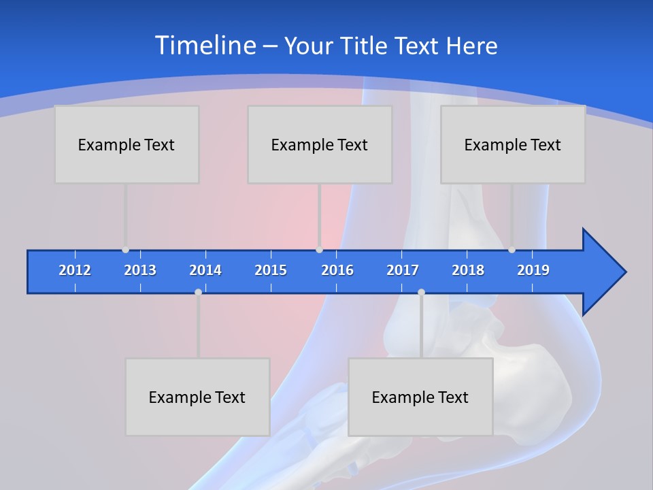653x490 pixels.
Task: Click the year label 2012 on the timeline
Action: (75, 270)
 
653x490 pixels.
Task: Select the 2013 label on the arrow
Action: (140, 270)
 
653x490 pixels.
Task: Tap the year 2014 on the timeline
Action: (205, 270)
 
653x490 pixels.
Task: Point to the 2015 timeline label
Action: (271, 270)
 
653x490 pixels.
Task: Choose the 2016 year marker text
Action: (337, 270)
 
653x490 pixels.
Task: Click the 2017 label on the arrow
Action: (403, 270)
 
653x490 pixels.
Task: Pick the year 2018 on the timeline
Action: (468, 270)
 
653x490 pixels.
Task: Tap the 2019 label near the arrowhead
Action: (533, 270)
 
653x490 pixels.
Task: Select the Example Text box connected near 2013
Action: (127, 144)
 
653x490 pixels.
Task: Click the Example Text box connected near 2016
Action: (320, 144)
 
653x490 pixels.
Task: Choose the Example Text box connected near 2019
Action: (513, 144)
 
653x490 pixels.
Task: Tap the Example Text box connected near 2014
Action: (197, 397)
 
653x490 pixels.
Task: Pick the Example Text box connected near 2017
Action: (420, 397)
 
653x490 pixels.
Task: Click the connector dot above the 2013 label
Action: (125, 250)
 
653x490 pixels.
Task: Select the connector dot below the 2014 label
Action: (198, 292)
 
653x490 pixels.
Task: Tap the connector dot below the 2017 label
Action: (421, 292)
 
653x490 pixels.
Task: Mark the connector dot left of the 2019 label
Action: (512, 250)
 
